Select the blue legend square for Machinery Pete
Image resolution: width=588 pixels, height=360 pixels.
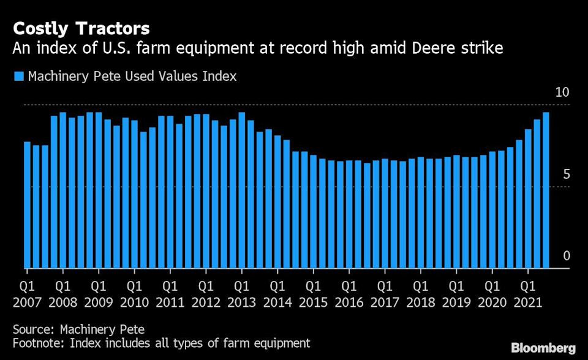click(18, 77)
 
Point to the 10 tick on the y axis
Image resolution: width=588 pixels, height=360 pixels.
click(562, 92)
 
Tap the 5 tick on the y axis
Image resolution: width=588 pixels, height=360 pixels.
click(566, 174)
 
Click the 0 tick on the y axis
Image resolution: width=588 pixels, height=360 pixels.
click(566, 256)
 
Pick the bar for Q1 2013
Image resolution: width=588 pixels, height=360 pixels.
click(241, 190)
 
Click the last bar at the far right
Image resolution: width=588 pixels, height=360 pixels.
click(546, 190)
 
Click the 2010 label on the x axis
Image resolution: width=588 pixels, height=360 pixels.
click(134, 302)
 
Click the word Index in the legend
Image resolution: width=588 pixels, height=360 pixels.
click(221, 77)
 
